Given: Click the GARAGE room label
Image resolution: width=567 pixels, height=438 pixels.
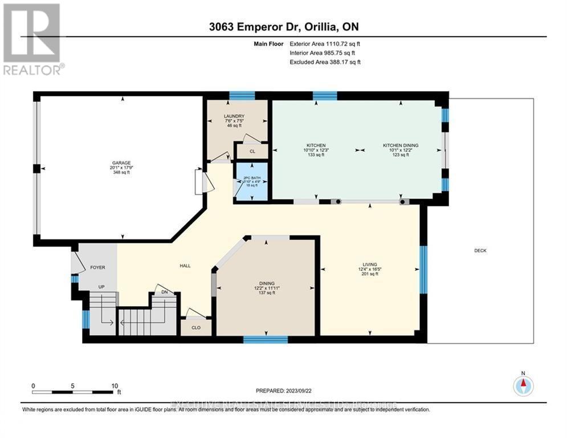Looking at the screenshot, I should (x=121, y=163).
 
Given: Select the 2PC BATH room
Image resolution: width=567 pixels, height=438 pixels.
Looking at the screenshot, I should (x=251, y=182).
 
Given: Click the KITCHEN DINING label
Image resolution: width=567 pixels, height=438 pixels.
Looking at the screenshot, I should (x=400, y=145).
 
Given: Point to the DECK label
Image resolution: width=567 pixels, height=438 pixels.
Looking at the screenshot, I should (x=480, y=251).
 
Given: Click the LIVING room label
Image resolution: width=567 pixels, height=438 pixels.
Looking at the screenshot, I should (x=370, y=265).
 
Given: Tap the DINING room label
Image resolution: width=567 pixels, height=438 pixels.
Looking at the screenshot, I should (x=267, y=283).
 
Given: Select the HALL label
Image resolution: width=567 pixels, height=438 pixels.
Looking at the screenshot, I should (x=184, y=266).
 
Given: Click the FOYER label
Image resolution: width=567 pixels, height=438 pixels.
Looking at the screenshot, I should (x=97, y=267).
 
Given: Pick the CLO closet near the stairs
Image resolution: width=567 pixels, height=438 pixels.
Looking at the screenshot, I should (x=195, y=328).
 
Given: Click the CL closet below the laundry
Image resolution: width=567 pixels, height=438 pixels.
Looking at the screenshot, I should (x=251, y=152).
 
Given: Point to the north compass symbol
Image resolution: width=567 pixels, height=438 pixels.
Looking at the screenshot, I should (x=523, y=386).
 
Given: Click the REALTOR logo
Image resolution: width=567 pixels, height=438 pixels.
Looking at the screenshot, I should (x=32, y=39).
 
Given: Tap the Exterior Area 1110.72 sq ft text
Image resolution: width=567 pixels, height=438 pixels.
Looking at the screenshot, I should (x=325, y=43).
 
